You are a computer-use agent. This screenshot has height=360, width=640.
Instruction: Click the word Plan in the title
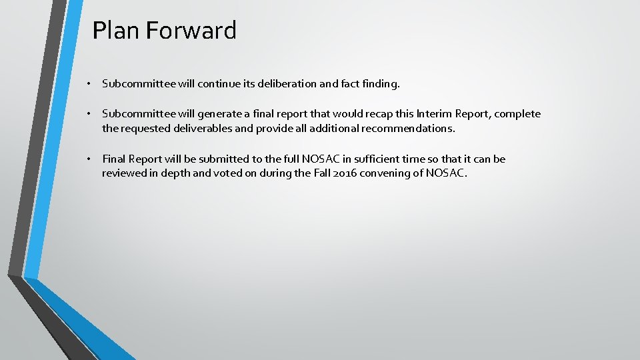(115, 31)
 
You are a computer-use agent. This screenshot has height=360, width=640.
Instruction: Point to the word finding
(379, 85)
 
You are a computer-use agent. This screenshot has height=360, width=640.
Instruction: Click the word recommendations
(408, 128)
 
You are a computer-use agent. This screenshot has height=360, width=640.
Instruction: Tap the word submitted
(226, 159)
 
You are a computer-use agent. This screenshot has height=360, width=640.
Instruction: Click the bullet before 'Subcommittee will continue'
(87, 85)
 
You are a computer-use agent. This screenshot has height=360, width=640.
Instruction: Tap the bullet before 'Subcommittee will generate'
(87, 114)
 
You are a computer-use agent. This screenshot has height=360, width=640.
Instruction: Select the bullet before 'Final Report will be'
(87, 159)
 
